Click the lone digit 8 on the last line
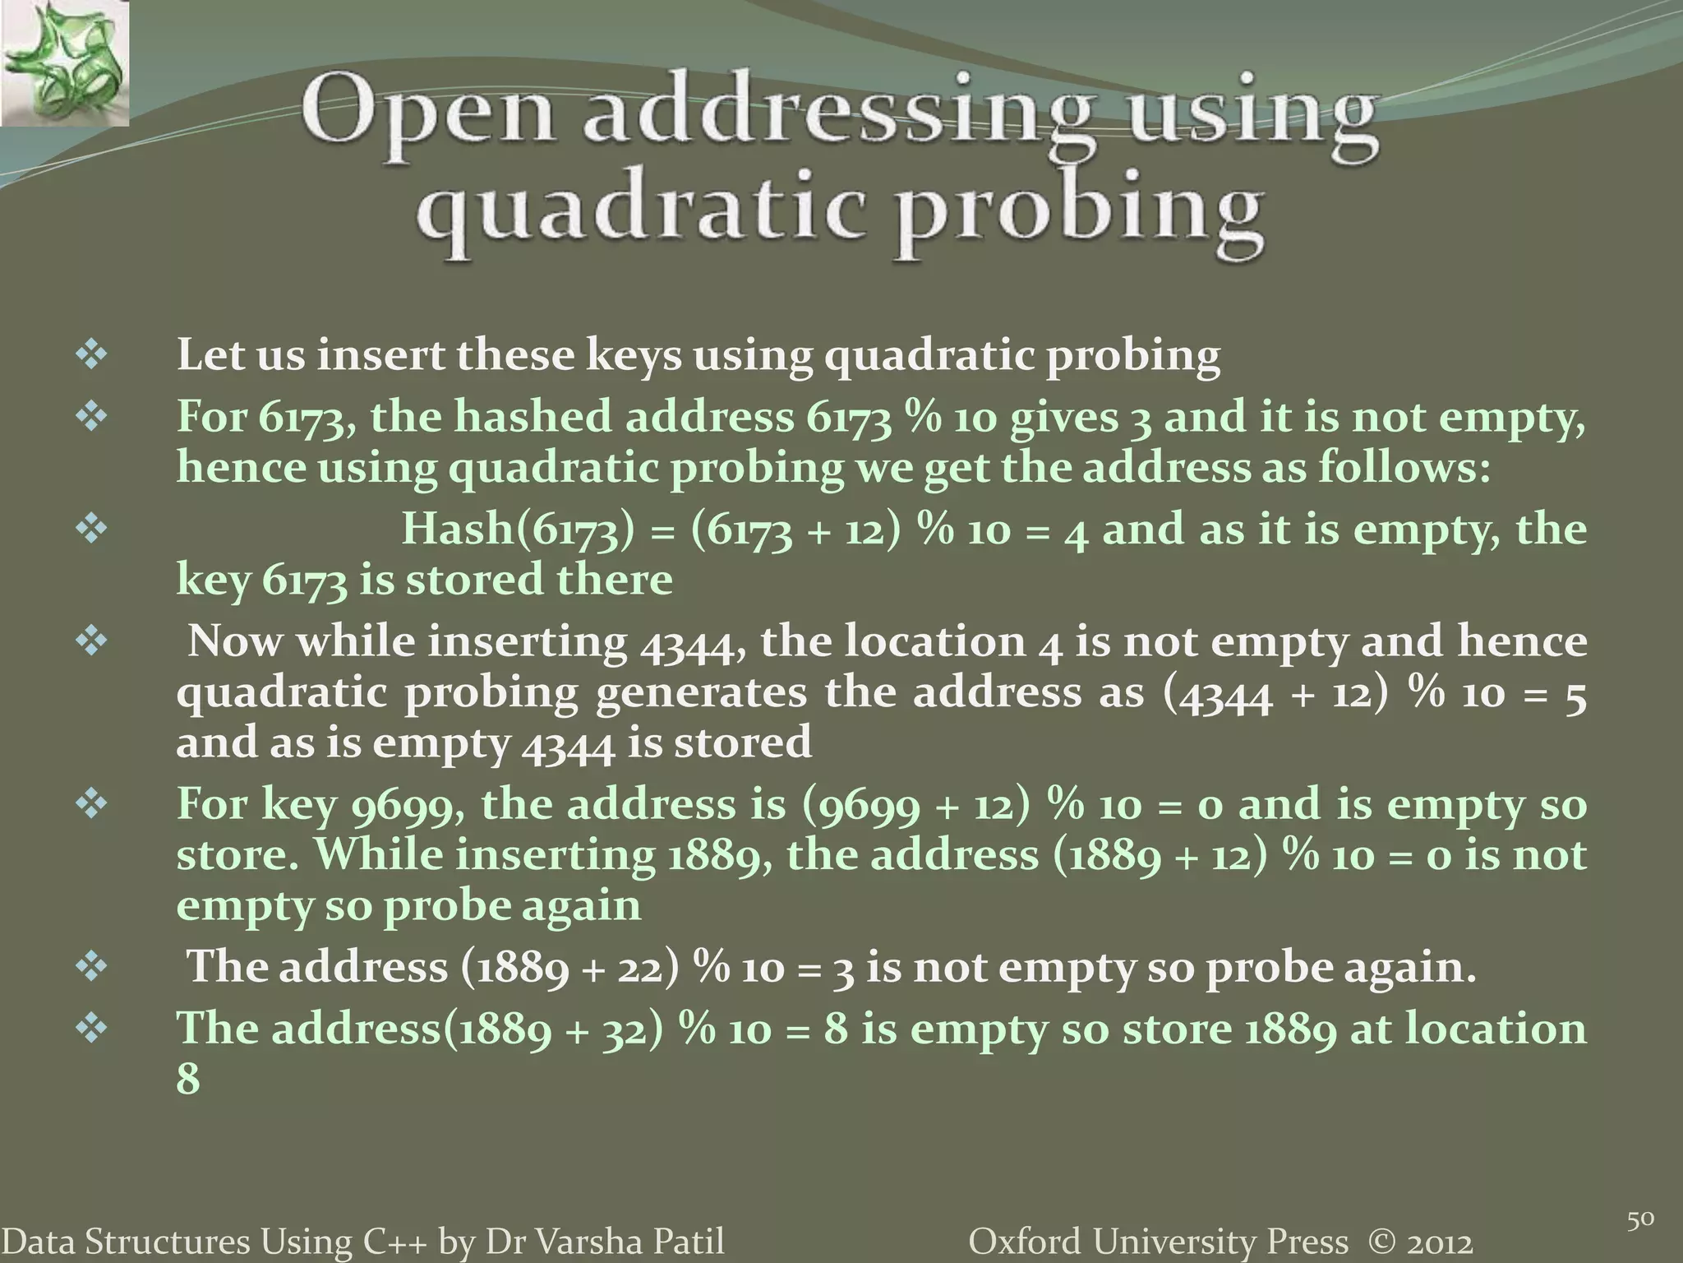(x=188, y=1078)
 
